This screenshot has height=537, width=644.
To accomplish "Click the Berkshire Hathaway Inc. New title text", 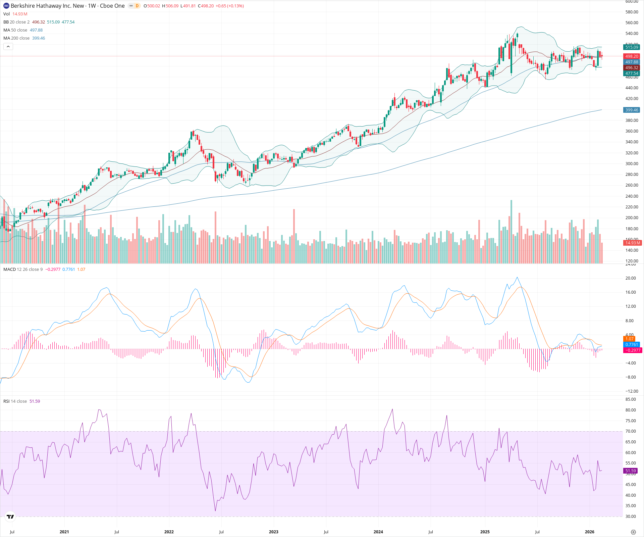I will pyautogui.click(x=47, y=6).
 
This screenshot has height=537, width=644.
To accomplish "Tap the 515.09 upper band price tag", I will pyautogui.click(x=632, y=47).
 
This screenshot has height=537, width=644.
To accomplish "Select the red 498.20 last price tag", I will pyautogui.click(x=632, y=56).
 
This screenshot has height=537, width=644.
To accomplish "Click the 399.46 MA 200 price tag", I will pyautogui.click(x=632, y=110).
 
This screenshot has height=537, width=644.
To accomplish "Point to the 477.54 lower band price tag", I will pyautogui.click(x=632, y=74).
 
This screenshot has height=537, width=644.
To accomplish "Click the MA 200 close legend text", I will pyautogui.click(x=16, y=38).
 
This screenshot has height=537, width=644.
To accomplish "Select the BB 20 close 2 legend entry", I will pyautogui.click(x=16, y=22).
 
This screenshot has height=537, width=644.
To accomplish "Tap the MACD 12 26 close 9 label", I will pyautogui.click(x=23, y=270).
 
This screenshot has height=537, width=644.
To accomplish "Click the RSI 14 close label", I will pyautogui.click(x=15, y=401).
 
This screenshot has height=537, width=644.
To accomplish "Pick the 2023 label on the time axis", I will pyautogui.click(x=273, y=532).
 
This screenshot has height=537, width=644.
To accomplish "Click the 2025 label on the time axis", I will pyautogui.click(x=485, y=532).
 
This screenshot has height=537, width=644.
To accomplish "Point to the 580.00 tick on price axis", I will pyautogui.click(x=632, y=12).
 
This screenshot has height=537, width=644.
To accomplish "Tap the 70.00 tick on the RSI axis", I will pyautogui.click(x=631, y=431).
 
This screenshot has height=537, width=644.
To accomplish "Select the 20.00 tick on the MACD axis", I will pyautogui.click(x=631, y=278).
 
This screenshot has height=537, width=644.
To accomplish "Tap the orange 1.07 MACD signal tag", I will pyautogui.click(x=629, y=339).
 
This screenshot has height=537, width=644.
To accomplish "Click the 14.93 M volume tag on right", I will pyautogui.click(x=632, y=243).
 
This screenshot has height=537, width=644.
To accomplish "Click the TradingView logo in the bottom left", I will pyautogui.click(x=10, y=517).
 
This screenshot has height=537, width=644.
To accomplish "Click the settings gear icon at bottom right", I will pyautogui.click(x=633, y=532).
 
